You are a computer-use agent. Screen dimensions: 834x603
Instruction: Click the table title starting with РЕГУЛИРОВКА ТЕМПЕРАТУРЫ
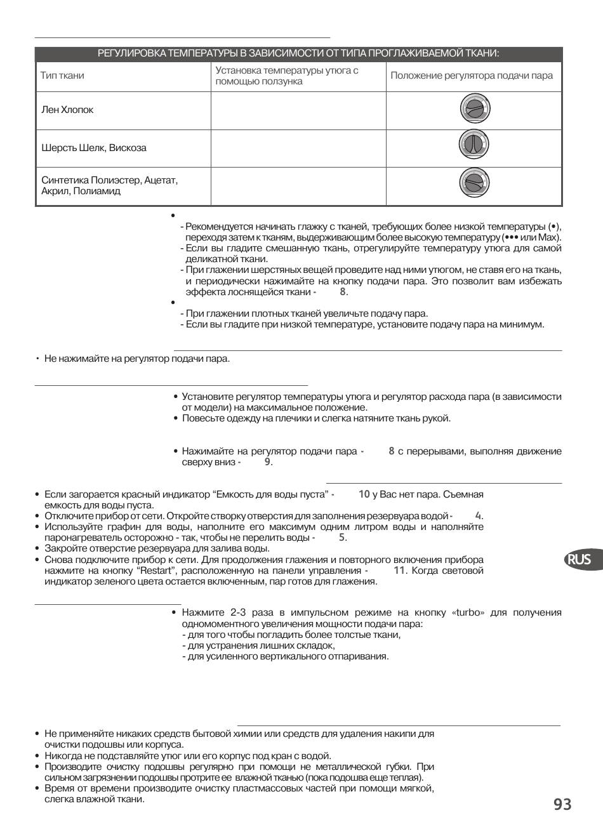tap(298, 53)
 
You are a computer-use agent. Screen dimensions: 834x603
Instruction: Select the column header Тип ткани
tap(62, 76)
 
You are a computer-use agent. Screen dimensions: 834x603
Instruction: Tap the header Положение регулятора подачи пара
tap(472, 76)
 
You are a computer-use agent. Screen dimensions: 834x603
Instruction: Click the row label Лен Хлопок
tap(67, 110)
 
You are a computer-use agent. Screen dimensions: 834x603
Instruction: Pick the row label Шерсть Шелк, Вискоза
tap(94, 148)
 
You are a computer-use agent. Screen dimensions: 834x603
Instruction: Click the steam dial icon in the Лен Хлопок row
tap(474, 110)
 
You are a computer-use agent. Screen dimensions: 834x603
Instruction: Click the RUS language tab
tap(579, 559)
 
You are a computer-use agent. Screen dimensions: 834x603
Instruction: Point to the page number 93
tap(562, 805)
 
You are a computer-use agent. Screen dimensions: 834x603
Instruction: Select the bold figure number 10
tap(364, 494)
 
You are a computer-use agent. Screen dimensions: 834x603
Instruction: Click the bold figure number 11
tap(399, 570)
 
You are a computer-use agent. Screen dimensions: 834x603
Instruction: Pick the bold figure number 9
tap(268, 461)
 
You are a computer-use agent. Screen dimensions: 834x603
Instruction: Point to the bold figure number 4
tap(479, 515)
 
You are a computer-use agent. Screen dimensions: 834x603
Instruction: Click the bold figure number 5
tap(342, 537)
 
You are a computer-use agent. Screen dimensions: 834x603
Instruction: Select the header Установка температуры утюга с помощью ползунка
tap(287, 76)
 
